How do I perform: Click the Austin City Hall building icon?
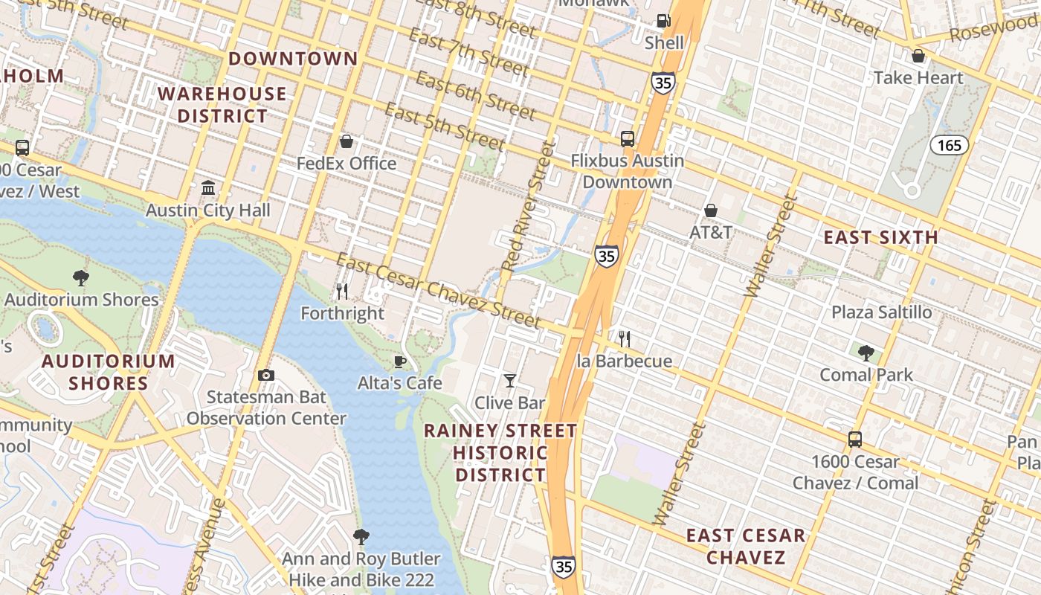(208, 187)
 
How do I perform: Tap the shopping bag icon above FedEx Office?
(346, 141)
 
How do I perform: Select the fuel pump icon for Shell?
(663, 21)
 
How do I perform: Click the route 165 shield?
(950, 145)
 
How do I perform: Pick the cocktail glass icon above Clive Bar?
(509, 381)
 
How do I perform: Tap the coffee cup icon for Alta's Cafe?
(399, 361)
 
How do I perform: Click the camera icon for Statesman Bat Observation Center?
(265, 375)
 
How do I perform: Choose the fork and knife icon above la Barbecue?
(625, 339)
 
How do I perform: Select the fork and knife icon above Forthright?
(342, 291)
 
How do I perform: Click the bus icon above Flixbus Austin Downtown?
(628, 138)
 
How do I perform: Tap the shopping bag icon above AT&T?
(711, 210)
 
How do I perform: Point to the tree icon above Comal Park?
(866, 353)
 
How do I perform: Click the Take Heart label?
(918, 77)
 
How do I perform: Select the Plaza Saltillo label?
(881, 312)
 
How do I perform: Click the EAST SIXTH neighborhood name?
(880, 237)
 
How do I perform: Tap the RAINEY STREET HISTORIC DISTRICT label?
(500, 452)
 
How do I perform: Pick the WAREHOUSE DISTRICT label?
(222, 105)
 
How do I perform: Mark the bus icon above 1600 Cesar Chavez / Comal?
(855, 440)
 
